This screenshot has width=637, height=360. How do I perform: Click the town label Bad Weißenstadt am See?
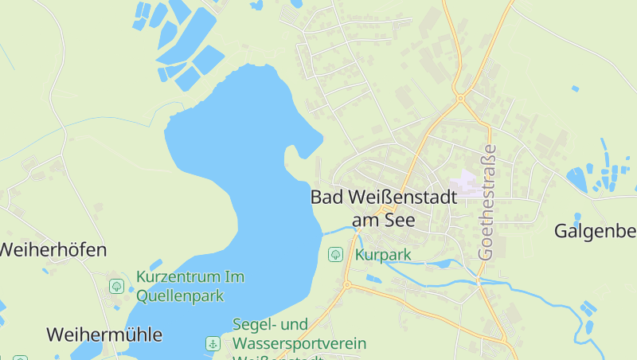pyautogui.click(x=383, y=207)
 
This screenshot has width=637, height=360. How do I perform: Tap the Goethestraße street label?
pyautogui.click(x=487, y=201)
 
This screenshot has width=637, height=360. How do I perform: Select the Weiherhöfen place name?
pyautogui.click(x=52, y=249)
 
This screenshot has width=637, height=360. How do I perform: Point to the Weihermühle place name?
pyautogui.click(x=104, y=334)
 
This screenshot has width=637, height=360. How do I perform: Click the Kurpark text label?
pyautogui.click(x=383, y=256)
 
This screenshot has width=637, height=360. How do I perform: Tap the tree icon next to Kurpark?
pyautogui.click(x=336, y=255)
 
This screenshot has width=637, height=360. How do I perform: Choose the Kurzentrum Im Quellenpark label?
pyautogui.click(x=190, y=286)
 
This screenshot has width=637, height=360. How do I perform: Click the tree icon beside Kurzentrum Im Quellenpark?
pyautogui.click(x=117, y=286)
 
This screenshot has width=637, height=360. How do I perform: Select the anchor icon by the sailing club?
pyautogui.click(x=213, y=344)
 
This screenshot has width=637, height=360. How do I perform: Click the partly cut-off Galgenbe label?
pyautogui.click(x=595, y=231)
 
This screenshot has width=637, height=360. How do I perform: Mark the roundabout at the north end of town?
pyautogui.click(x=460, y=99)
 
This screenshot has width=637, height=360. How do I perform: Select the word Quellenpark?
pyautogui.click(x=180, y=295)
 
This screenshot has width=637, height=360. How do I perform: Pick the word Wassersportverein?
pyautogui.click(x=299, y=343)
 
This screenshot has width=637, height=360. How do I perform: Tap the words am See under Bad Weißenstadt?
pyautogui.click(x=383, y=220)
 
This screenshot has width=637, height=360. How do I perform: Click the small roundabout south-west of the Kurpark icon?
pyautogui.click(x=347, y=284)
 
